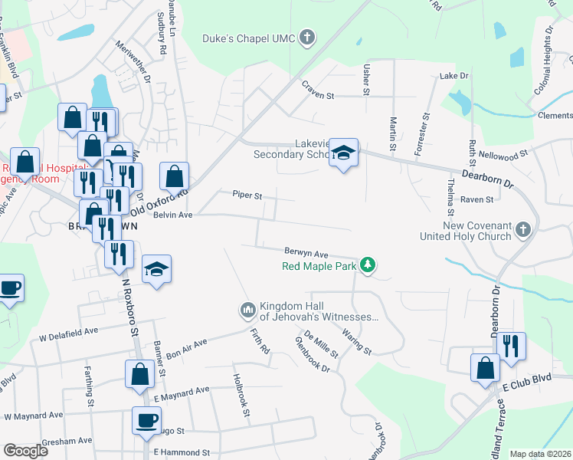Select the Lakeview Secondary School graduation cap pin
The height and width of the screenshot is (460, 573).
(x=344, y=153)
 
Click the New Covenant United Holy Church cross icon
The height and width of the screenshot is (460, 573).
(x=522, y=230)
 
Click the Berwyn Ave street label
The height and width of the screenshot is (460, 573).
(x=306, y=253)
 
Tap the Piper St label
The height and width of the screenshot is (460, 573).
(x=247, y=195)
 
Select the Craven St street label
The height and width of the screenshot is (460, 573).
(x=319, y=96)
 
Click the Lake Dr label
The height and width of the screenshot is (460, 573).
(x=453, y=77)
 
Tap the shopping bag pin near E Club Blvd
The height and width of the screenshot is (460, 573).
(x=486, y=366)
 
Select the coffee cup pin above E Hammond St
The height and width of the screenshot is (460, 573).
(x=146, y=419)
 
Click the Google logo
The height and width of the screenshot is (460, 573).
(x=25, y=451)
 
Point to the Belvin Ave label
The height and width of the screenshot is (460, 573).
(x=172, y=216)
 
